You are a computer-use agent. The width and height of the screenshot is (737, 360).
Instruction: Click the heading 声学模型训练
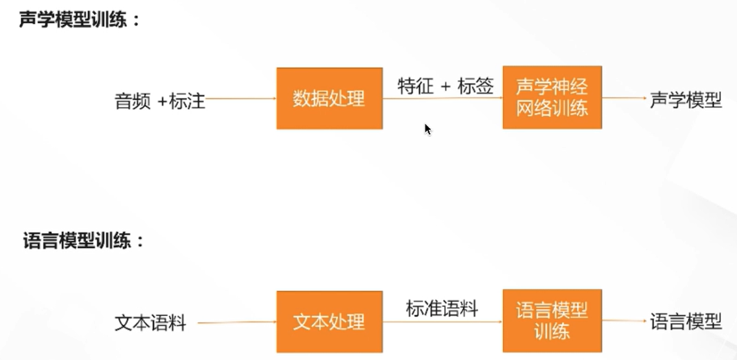point(79,19)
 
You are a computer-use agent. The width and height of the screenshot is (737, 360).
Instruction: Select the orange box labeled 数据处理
point(329,98)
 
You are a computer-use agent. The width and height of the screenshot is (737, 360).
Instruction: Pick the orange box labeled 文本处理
point(329,322)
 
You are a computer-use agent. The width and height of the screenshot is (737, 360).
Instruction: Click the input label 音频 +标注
point(159,101)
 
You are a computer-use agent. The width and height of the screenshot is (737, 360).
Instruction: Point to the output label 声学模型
point(686,100)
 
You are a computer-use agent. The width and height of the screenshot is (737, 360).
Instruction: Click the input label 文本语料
point(150,323)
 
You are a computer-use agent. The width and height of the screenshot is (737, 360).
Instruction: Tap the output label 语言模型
point(686,321)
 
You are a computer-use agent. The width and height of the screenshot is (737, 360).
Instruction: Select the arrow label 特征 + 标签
point(445,87)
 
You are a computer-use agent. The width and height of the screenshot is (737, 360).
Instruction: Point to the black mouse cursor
point(427,128)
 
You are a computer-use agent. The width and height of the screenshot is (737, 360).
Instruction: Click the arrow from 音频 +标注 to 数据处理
point(241,98)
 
